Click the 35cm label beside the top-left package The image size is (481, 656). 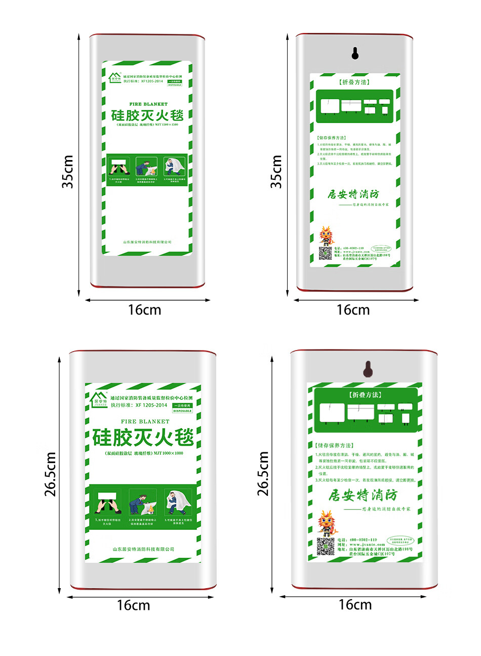tap(68, 172)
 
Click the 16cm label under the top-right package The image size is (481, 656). tap(353, 310)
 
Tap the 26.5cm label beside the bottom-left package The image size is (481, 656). tap(50, 474)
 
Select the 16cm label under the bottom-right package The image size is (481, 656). tap(355, 604)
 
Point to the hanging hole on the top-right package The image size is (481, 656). tap(355, 53)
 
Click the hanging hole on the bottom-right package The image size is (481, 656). tap(368, 369)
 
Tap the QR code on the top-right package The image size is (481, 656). tap(325, 253)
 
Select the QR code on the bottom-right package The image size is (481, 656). tap(326, 547)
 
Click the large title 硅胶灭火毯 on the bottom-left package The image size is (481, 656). tap(143, 437)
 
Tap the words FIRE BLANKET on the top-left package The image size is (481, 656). tap(148, 104)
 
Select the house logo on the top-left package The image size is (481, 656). tap(115, 78)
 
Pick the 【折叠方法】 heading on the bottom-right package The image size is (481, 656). tap(365, 395)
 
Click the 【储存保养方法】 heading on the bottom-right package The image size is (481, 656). tap(334, 445)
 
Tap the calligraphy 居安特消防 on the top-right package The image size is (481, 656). tap(353, 194)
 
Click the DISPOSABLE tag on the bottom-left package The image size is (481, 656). tap(182, 411)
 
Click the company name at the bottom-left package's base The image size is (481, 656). tap(143, 549)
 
